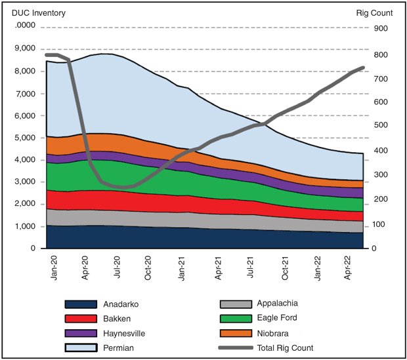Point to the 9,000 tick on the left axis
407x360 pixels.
(24, 49)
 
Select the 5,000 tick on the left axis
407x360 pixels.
(24, 138)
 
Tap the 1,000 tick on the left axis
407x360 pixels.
(24, 226)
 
